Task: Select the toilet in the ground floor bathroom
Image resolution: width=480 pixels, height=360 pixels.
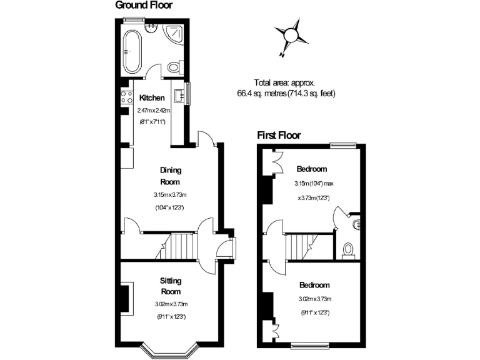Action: pyautogui.click(x=174, y=67)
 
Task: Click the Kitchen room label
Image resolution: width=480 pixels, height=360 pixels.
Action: pyautogui.click(x=152, y=98)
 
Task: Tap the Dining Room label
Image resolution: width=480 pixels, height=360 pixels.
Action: pyautogui.click(x=170, y=176)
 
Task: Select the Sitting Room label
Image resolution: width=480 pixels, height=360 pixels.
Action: pyautogui.click(x=171, y=287)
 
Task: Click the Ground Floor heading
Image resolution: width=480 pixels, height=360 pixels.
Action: pyautogui.click(x=144, y=6)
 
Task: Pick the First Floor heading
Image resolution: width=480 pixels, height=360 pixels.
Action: pyautogui.click(x=279, y=135)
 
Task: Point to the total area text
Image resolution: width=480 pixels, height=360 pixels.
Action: pyautogui.click(x=286, y=88)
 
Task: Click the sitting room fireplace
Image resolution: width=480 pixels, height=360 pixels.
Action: pyautogui.click(x=126, y=297)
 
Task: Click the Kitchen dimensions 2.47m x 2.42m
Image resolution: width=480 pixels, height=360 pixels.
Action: pyautogui.click(x=154, y=111)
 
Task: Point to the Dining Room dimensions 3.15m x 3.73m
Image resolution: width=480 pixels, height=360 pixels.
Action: pyautogui.click(x=170, y=195)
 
